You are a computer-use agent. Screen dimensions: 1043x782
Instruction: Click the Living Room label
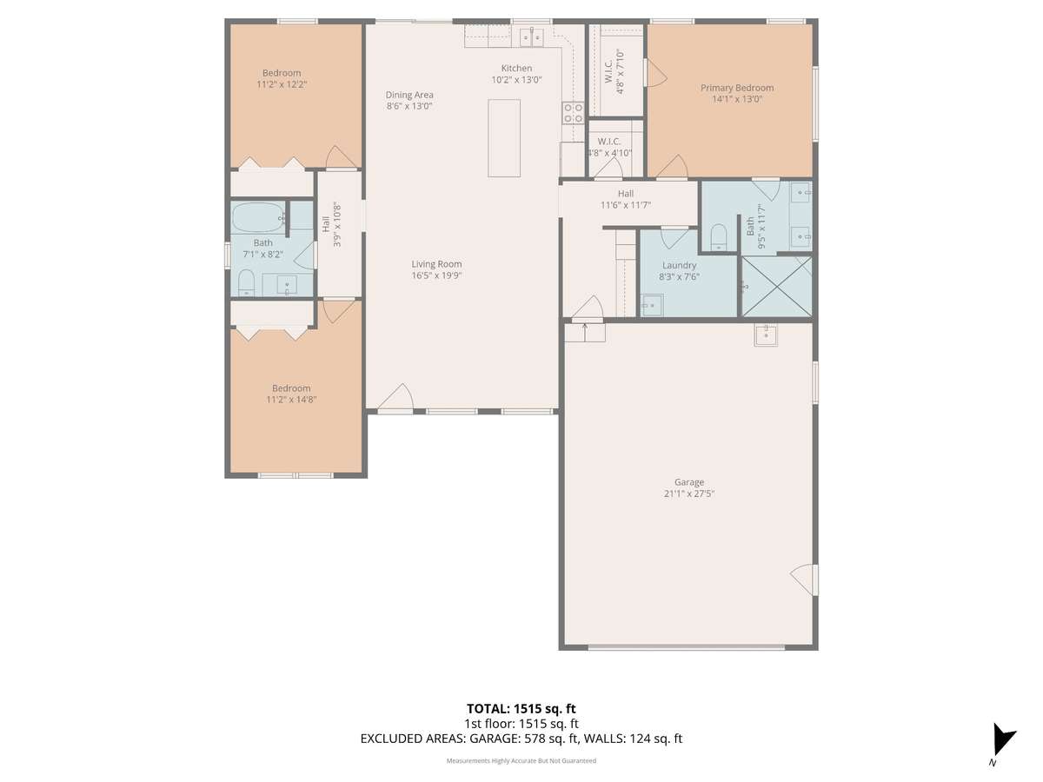tap(436, 264)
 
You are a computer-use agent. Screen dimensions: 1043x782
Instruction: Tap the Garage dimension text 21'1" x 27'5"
tap(689, 494)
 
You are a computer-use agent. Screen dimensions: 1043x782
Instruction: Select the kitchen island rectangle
tap(503, 138)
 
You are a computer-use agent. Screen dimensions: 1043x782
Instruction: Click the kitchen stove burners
tap(573, 113)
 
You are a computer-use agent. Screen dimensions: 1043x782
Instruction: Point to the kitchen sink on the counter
tap(531, 37)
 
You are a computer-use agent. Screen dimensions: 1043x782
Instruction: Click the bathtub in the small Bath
tap(257, 217)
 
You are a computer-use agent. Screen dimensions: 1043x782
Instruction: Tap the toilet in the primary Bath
tap(719, 237)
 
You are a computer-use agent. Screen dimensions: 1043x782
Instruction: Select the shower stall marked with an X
tap(776, 287)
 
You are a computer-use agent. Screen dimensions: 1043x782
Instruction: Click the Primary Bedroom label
tap(737, 88)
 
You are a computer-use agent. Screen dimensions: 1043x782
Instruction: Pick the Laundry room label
tap(679, 265)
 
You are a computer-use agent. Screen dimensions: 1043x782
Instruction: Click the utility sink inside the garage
tap(766, 335)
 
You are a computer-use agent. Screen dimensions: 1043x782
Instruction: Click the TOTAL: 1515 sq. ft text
tap(521, 709)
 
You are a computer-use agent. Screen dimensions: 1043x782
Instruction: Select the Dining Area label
tap(409, 95)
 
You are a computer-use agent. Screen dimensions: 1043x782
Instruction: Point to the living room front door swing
tap(396, 396)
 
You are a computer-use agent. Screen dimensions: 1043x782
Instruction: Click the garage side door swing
tap(803, 580)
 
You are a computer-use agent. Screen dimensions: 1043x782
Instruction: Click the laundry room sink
tap(652, 305)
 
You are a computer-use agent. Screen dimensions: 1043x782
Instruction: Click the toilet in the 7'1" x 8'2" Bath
tap(246, 283)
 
